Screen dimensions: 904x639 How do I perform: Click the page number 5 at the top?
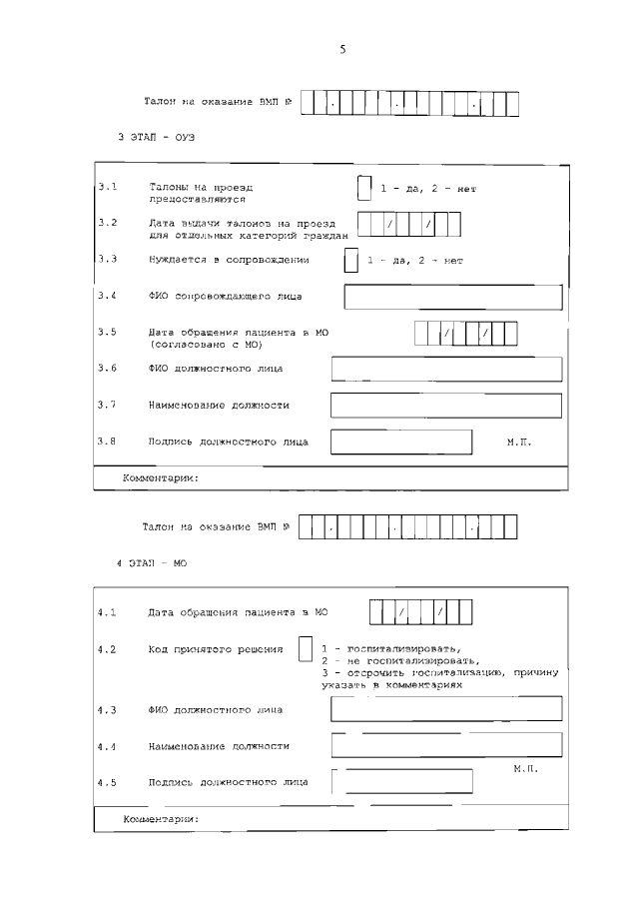coord(341,50)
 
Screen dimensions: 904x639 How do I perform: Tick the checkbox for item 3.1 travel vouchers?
coord(364,187)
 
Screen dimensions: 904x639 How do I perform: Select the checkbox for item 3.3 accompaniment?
coord(350,260)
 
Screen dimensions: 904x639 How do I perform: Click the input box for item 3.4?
coord(452,297)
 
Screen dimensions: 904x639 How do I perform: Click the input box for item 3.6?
coord(445,369)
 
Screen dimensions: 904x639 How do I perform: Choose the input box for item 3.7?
coord(445,405)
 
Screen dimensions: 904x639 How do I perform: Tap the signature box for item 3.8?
coord(401,442)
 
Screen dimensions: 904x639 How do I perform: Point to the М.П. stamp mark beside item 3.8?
coord(519,441)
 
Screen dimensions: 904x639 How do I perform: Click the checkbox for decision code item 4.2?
coord(306,649)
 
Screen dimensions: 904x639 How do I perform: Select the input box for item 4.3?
coord(445,709)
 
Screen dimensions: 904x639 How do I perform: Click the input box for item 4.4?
coord(445,745)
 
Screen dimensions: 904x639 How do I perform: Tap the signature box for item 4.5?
coord(402,781)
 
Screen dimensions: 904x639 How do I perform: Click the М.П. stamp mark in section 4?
coord(526,769)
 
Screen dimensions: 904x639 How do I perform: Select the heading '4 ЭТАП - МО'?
coord(152,564)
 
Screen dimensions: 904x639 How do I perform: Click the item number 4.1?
coord(108,612)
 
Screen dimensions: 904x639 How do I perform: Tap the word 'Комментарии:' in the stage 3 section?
coord(160,478)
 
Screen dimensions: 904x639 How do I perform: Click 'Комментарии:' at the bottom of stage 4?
coord(160,819)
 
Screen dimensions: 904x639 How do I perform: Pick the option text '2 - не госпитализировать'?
coord(400,660)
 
